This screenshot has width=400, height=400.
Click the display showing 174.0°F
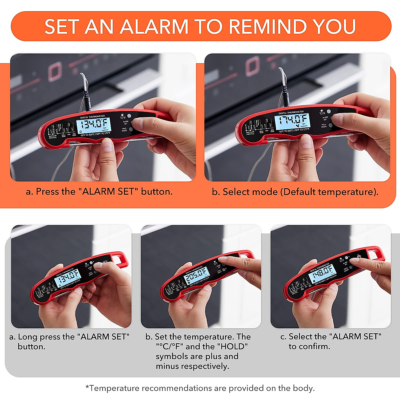click(x=292, y=121)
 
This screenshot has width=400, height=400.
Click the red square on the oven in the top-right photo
click(x=253, y=65)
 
